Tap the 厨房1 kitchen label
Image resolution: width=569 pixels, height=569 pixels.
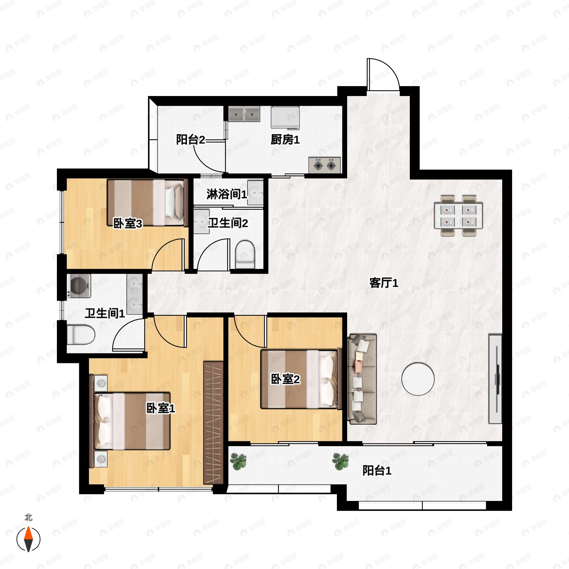[x=285, y=140]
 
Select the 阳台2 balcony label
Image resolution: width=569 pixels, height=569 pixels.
[x=191, y=139]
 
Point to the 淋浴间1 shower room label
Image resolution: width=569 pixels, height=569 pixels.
[x=226, y=194]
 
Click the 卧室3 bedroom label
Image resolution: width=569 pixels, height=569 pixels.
[x=128, y=224]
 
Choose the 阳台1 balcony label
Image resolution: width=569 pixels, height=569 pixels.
[x=377, y=470]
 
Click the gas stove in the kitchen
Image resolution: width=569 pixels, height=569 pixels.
[x=325, y=165]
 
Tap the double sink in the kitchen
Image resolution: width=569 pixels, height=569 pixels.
[x=244, y=114]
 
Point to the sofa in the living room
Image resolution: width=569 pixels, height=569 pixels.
[x=362, y=379]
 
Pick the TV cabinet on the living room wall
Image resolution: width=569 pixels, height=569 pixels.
[x=495, y=379]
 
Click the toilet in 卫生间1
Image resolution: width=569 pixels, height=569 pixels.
[x=81, y=335]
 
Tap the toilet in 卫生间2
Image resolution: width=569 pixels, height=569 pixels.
[x=245, y=254]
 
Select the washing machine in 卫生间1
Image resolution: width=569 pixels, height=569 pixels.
[x=79, y=286]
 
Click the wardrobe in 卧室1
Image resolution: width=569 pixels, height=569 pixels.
[x=213, y=423]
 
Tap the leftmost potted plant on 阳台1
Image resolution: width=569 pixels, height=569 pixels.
[x=238, y=462]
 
